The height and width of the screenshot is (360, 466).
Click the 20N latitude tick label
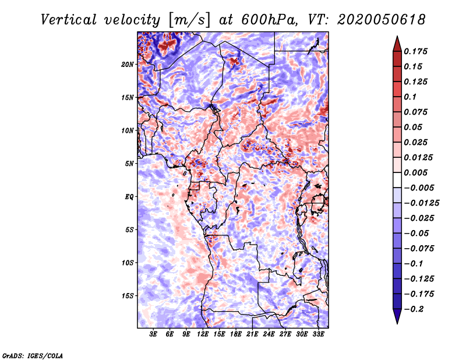point(128,65)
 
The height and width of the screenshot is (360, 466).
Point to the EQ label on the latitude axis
point(129,197)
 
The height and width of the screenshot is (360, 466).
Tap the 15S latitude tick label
point(128,296)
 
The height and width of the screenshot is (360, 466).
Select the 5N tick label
point(129,164)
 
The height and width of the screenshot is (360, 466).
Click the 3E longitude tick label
point(153,334)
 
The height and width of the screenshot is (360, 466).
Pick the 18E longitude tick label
point(236,334)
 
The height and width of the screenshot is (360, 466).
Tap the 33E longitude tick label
point(318,334)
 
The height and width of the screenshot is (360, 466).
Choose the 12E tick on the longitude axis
point(203,334)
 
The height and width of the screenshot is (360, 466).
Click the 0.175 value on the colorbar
point(415,51)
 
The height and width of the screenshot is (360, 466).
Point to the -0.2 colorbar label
point(414,309)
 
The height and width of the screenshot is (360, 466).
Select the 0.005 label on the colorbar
point(415,172)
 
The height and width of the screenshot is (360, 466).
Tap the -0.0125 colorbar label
point(421,203)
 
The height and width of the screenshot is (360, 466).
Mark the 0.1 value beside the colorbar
point(410,97)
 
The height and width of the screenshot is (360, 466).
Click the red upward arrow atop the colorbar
point(397,44)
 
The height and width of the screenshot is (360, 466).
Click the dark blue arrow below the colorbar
point(397,316)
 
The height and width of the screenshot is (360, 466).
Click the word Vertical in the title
point(69,20)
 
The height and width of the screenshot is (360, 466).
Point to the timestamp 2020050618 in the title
point(382,20)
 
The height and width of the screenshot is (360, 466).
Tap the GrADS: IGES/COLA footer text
point(33,355)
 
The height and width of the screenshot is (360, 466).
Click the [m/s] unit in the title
point(189,20)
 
